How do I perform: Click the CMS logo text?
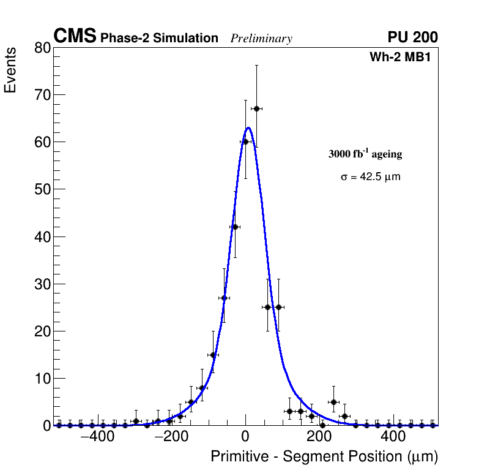[75, 37]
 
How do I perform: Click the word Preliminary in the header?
[261, 39]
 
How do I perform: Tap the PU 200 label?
[412, 37]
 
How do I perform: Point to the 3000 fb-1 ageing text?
[365, 154]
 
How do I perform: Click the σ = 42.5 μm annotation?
[370, 177]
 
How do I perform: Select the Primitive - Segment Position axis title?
[324, 457]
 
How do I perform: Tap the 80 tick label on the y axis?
[43, 48]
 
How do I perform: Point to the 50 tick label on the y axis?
[43, 189]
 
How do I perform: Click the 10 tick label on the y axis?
[43, 378]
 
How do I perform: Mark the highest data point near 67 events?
[256, 108]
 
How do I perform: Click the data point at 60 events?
[245, 142]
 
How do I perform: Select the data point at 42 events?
[234, 227]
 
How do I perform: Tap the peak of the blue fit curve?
[248, 127]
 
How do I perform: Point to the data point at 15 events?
[213, 355]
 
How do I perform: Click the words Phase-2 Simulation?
[159, 39]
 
